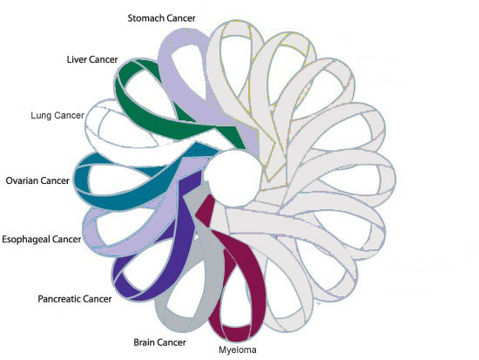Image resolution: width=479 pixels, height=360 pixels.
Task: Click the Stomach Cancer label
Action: pyautogui.click(x=162, y=18)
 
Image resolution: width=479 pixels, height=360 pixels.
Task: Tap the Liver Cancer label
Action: pyautogui.click(x=92, y=59)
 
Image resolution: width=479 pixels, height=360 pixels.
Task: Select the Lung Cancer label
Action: pyautogui.click(x=57, y=115)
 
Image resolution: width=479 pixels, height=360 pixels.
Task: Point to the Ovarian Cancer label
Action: pyautogui.click(x=37, y=180)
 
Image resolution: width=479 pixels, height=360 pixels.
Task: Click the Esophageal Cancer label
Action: pyautogui.click(x=42, y=239)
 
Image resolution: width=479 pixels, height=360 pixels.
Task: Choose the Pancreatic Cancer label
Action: pyautogui.click(x=75, y=298)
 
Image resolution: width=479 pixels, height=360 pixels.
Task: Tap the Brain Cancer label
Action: pyautogui.click(x=159, y=343)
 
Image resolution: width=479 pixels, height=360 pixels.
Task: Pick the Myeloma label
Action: pyautogui.click(x=238, y=350)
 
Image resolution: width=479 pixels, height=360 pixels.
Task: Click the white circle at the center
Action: pyautogui.click(x=234, y=178)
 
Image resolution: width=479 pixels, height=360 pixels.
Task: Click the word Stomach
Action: pyautogui.click(x=144, y=18)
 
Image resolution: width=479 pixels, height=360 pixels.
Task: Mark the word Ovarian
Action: pyautogui.click(x=22, y=180)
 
